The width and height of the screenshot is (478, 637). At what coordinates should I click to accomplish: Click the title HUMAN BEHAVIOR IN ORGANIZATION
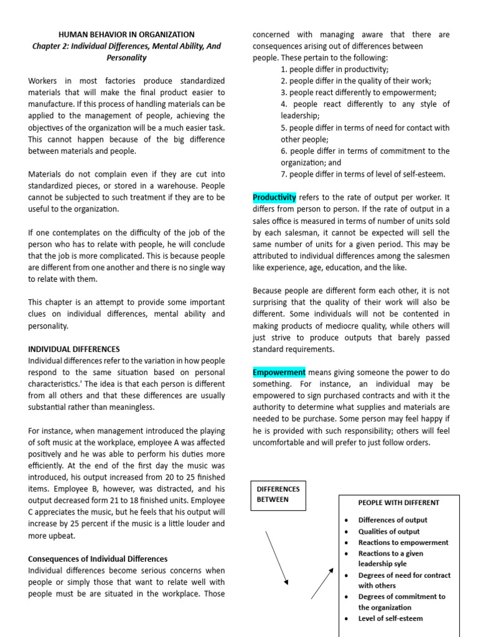[126, 35]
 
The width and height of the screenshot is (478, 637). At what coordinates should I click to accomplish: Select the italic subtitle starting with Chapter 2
[126, 52]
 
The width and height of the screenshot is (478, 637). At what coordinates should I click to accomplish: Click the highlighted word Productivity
[274, 197]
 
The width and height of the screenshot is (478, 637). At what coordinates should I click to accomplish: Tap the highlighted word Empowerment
[279, 372]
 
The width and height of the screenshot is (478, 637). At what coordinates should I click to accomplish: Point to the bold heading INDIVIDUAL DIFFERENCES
[74, 349]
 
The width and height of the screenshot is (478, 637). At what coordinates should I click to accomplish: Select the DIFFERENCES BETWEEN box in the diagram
[278, 494]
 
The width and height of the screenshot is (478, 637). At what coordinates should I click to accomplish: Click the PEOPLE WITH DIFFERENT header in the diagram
[398, 503]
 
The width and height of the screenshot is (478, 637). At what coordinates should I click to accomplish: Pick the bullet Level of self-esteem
[390, 618]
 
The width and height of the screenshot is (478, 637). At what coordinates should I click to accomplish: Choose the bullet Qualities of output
[389, 531]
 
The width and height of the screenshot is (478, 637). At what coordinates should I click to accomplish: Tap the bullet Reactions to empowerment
[403, 542]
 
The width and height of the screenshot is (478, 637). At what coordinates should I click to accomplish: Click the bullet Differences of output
[393, 519]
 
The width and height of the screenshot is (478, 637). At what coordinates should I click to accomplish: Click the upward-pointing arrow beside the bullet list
[322, 583]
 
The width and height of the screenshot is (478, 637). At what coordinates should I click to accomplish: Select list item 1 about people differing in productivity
[334, 69]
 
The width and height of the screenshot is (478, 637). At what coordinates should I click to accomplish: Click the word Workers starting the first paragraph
[44, 81]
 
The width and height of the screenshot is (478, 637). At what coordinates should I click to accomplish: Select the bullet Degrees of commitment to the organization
[401, 602]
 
